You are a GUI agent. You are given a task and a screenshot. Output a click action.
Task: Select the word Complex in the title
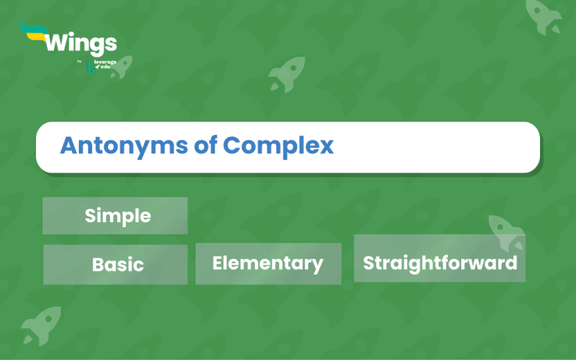277,145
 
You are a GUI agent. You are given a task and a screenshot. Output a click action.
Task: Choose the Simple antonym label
118,216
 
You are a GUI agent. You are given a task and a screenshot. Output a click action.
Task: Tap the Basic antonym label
118,265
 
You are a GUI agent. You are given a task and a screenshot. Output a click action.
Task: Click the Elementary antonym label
268,263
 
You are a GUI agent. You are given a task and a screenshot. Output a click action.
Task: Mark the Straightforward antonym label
439,262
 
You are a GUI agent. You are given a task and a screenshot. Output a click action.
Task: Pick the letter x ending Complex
326,146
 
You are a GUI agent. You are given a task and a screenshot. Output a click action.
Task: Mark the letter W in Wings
58,42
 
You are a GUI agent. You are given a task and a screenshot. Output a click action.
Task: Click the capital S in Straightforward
369,262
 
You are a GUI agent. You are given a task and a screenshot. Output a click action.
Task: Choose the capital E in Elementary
218,263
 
